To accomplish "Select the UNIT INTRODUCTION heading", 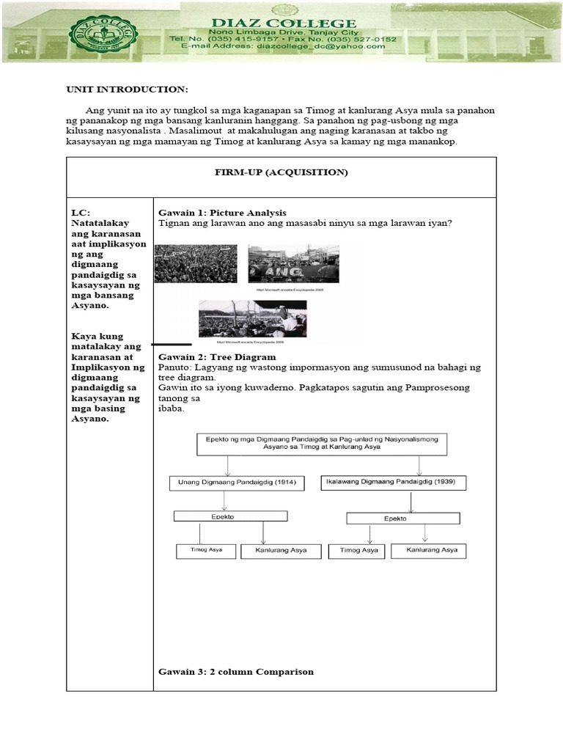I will tap(127, 89).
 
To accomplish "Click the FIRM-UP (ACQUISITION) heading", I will tap(281, 172).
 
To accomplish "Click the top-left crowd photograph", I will tap(196, 264).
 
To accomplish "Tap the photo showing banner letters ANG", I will tap(293, 264).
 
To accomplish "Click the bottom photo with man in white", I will tap(252, 318).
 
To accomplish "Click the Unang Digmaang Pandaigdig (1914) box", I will tap(236, 483).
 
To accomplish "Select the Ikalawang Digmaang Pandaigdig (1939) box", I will tap(394, 483).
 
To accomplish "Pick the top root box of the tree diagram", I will tap(321, 444).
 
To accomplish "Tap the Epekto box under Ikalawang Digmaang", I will tap(402, 518).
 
